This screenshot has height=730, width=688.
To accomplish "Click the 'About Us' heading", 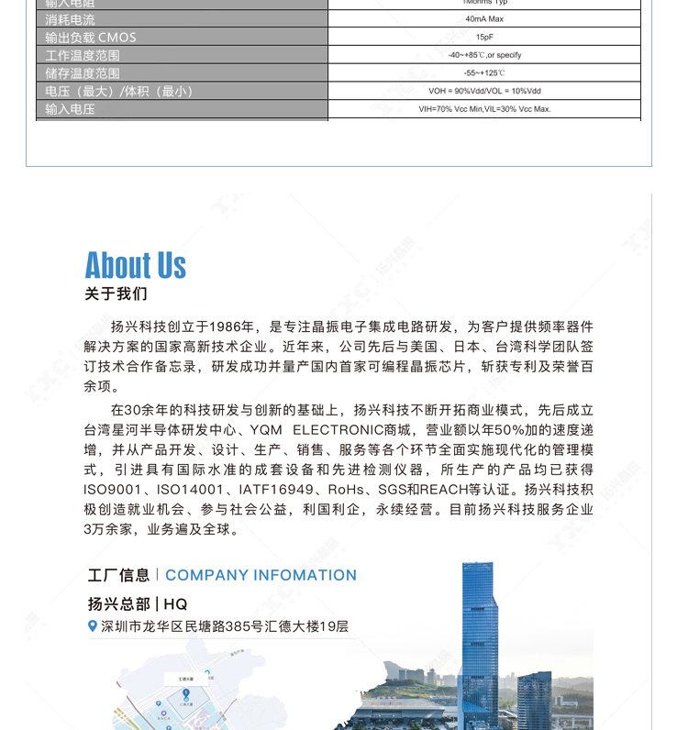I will pyautogui.click(x=136, y=265).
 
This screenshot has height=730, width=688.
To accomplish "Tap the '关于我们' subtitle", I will pyautogui.click(x=116, y=294).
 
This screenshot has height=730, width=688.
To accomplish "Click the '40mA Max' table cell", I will pyautogui.click(x=483, y=19).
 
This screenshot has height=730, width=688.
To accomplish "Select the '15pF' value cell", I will pyautogui.click(x=483, y=38).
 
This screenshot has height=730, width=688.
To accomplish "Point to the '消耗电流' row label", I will pyautogui.click(x=71, y=19).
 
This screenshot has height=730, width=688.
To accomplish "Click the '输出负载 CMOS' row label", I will pyautogui.click(x=91, y=38).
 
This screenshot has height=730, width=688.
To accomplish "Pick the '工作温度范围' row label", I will pyautogui.click(x=83, y=56).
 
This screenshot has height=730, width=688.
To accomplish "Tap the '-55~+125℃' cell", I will pyautogui.click(x=483, y=73).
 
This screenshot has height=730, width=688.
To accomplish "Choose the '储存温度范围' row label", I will pyautogui.click(x=83, y=73).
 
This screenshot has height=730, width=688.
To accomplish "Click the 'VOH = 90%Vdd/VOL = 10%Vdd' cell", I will pyautogui.click(x=483, y=92).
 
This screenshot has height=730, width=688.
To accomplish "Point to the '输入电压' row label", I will pyautogui.click(x=71, y=109).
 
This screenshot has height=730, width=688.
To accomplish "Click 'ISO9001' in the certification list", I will pyautogui.click(x=113, y=489).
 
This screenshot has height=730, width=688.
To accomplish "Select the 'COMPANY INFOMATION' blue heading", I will pyautogui.click(x=261, y=575).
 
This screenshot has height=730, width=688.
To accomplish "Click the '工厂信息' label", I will pyautogui.click(x=118, y=575).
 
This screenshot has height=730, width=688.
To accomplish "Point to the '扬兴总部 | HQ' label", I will pyautogui.click(x=138, y=603).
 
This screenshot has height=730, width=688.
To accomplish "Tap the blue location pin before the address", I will pyautogui.click(x=92, y=626).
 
